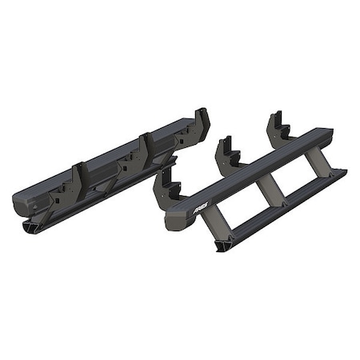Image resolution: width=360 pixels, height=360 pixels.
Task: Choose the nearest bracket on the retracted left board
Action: click(x=81, y=183)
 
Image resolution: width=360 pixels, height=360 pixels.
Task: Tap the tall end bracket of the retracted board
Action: click(x=199, y=124)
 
